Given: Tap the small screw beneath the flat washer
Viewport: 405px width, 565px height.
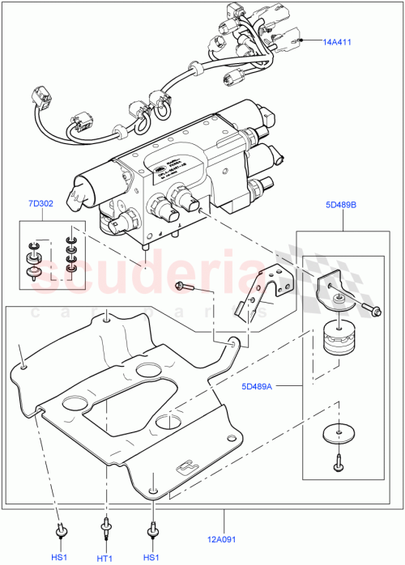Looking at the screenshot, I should click(337, 464).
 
